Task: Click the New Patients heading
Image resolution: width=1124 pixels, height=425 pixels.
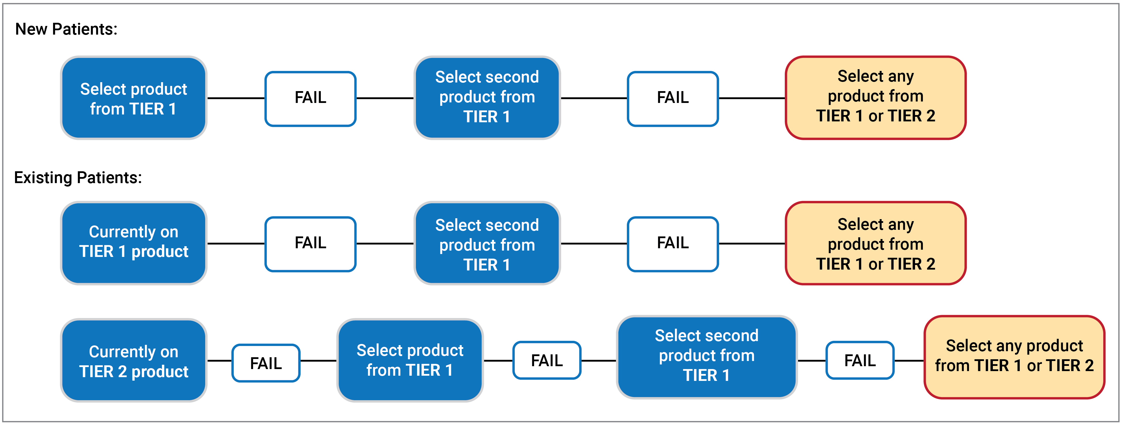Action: pyautogui.click(x=66, y=29)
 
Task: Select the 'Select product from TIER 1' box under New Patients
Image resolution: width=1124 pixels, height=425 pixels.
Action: pyautogui.click(x=133, y=98)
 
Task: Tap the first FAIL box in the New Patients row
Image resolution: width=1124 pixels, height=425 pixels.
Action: pyautogui.click(x=310, y=98)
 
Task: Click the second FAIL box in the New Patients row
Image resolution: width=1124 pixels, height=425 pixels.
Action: pyautogui.click(x=672, y=98)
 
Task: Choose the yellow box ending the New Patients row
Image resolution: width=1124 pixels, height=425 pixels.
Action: pyautogui.click(x=875, y=97)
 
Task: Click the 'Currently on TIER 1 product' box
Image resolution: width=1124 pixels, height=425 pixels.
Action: pyautogui.click(x=133, y=242)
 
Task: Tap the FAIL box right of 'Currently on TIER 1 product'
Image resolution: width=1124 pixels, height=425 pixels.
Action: pyautogui.click(x=310, y=243)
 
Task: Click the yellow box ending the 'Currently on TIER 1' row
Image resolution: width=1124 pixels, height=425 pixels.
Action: pyautogui.click(x=875, y=243)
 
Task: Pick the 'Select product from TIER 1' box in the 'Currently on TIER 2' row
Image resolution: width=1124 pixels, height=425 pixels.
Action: pyautogui.click(x=410, y=360)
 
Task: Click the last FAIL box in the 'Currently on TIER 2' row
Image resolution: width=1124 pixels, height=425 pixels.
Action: pyautogui.click(x=860, y=360)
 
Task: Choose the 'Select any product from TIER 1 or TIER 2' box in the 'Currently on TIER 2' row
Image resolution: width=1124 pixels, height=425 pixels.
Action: pyautogui.click(x=1014, y=356)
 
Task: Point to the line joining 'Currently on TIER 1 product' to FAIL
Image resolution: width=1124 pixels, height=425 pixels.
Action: pyautogui.click(x=236, y=243)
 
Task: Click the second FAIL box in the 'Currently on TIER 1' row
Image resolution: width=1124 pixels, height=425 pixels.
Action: pyautogui.click(x=672, y=243)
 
